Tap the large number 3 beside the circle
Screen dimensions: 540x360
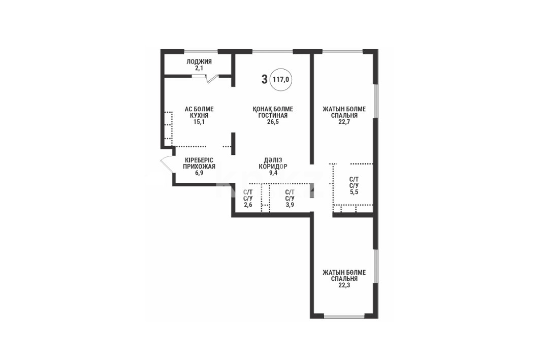tap(264, 80)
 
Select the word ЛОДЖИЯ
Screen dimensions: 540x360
tap(199, 62)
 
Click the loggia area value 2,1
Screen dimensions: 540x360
tap(199, 68)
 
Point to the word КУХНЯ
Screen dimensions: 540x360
tap(199, 115)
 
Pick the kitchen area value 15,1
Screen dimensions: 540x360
tap(199, 121)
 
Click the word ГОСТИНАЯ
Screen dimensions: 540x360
tap(273, 115)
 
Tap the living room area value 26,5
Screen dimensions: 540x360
tap(273, 121)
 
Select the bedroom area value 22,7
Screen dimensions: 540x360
tap(344, 121)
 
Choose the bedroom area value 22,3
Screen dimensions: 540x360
tap(344, 285)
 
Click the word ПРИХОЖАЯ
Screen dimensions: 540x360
tap(199, 167)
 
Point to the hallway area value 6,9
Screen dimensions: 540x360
tap(199, 173)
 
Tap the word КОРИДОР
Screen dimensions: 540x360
tap(273, 167)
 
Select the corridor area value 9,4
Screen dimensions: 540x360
tap(273, 173)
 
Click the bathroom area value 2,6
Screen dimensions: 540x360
tap(248, 205)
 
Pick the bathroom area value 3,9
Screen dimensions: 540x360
tap(290, 205)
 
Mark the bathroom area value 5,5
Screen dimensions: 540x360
tap(354, 192)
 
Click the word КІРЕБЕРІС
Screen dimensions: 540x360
tap(199, 160)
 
